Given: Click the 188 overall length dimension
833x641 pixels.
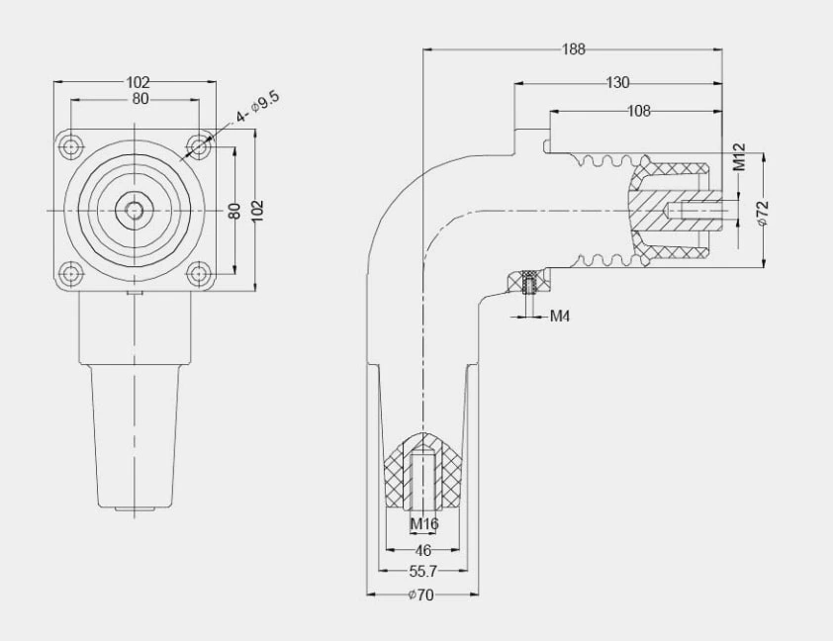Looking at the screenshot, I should pos(573,47).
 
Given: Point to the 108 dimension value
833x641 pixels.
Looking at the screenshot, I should pos(639,111).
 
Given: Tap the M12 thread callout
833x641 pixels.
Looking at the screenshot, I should pos(739,157).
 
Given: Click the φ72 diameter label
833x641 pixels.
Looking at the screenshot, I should pos(763,213).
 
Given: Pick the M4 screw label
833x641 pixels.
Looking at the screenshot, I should pos(560,317).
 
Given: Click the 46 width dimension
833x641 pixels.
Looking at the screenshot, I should pos(423,549).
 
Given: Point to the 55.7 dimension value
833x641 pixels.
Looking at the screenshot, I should pos(423,572).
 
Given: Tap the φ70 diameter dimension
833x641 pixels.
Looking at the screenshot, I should pos(423,595).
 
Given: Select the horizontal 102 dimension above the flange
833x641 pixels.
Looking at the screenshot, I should pos(139,82).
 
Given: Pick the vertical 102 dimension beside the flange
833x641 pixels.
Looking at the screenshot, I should pos(257,209).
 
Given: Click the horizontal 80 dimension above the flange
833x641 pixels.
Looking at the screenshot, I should pos(139,99).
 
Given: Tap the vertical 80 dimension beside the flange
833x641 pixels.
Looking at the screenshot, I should pos(235,211).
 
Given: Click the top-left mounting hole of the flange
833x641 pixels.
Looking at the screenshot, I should pos(71,147).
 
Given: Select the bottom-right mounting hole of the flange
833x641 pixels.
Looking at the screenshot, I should pos(199,274).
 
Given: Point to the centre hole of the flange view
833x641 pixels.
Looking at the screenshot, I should pos(134,210).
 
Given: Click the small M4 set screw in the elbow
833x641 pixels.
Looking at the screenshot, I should pos(528,284).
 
